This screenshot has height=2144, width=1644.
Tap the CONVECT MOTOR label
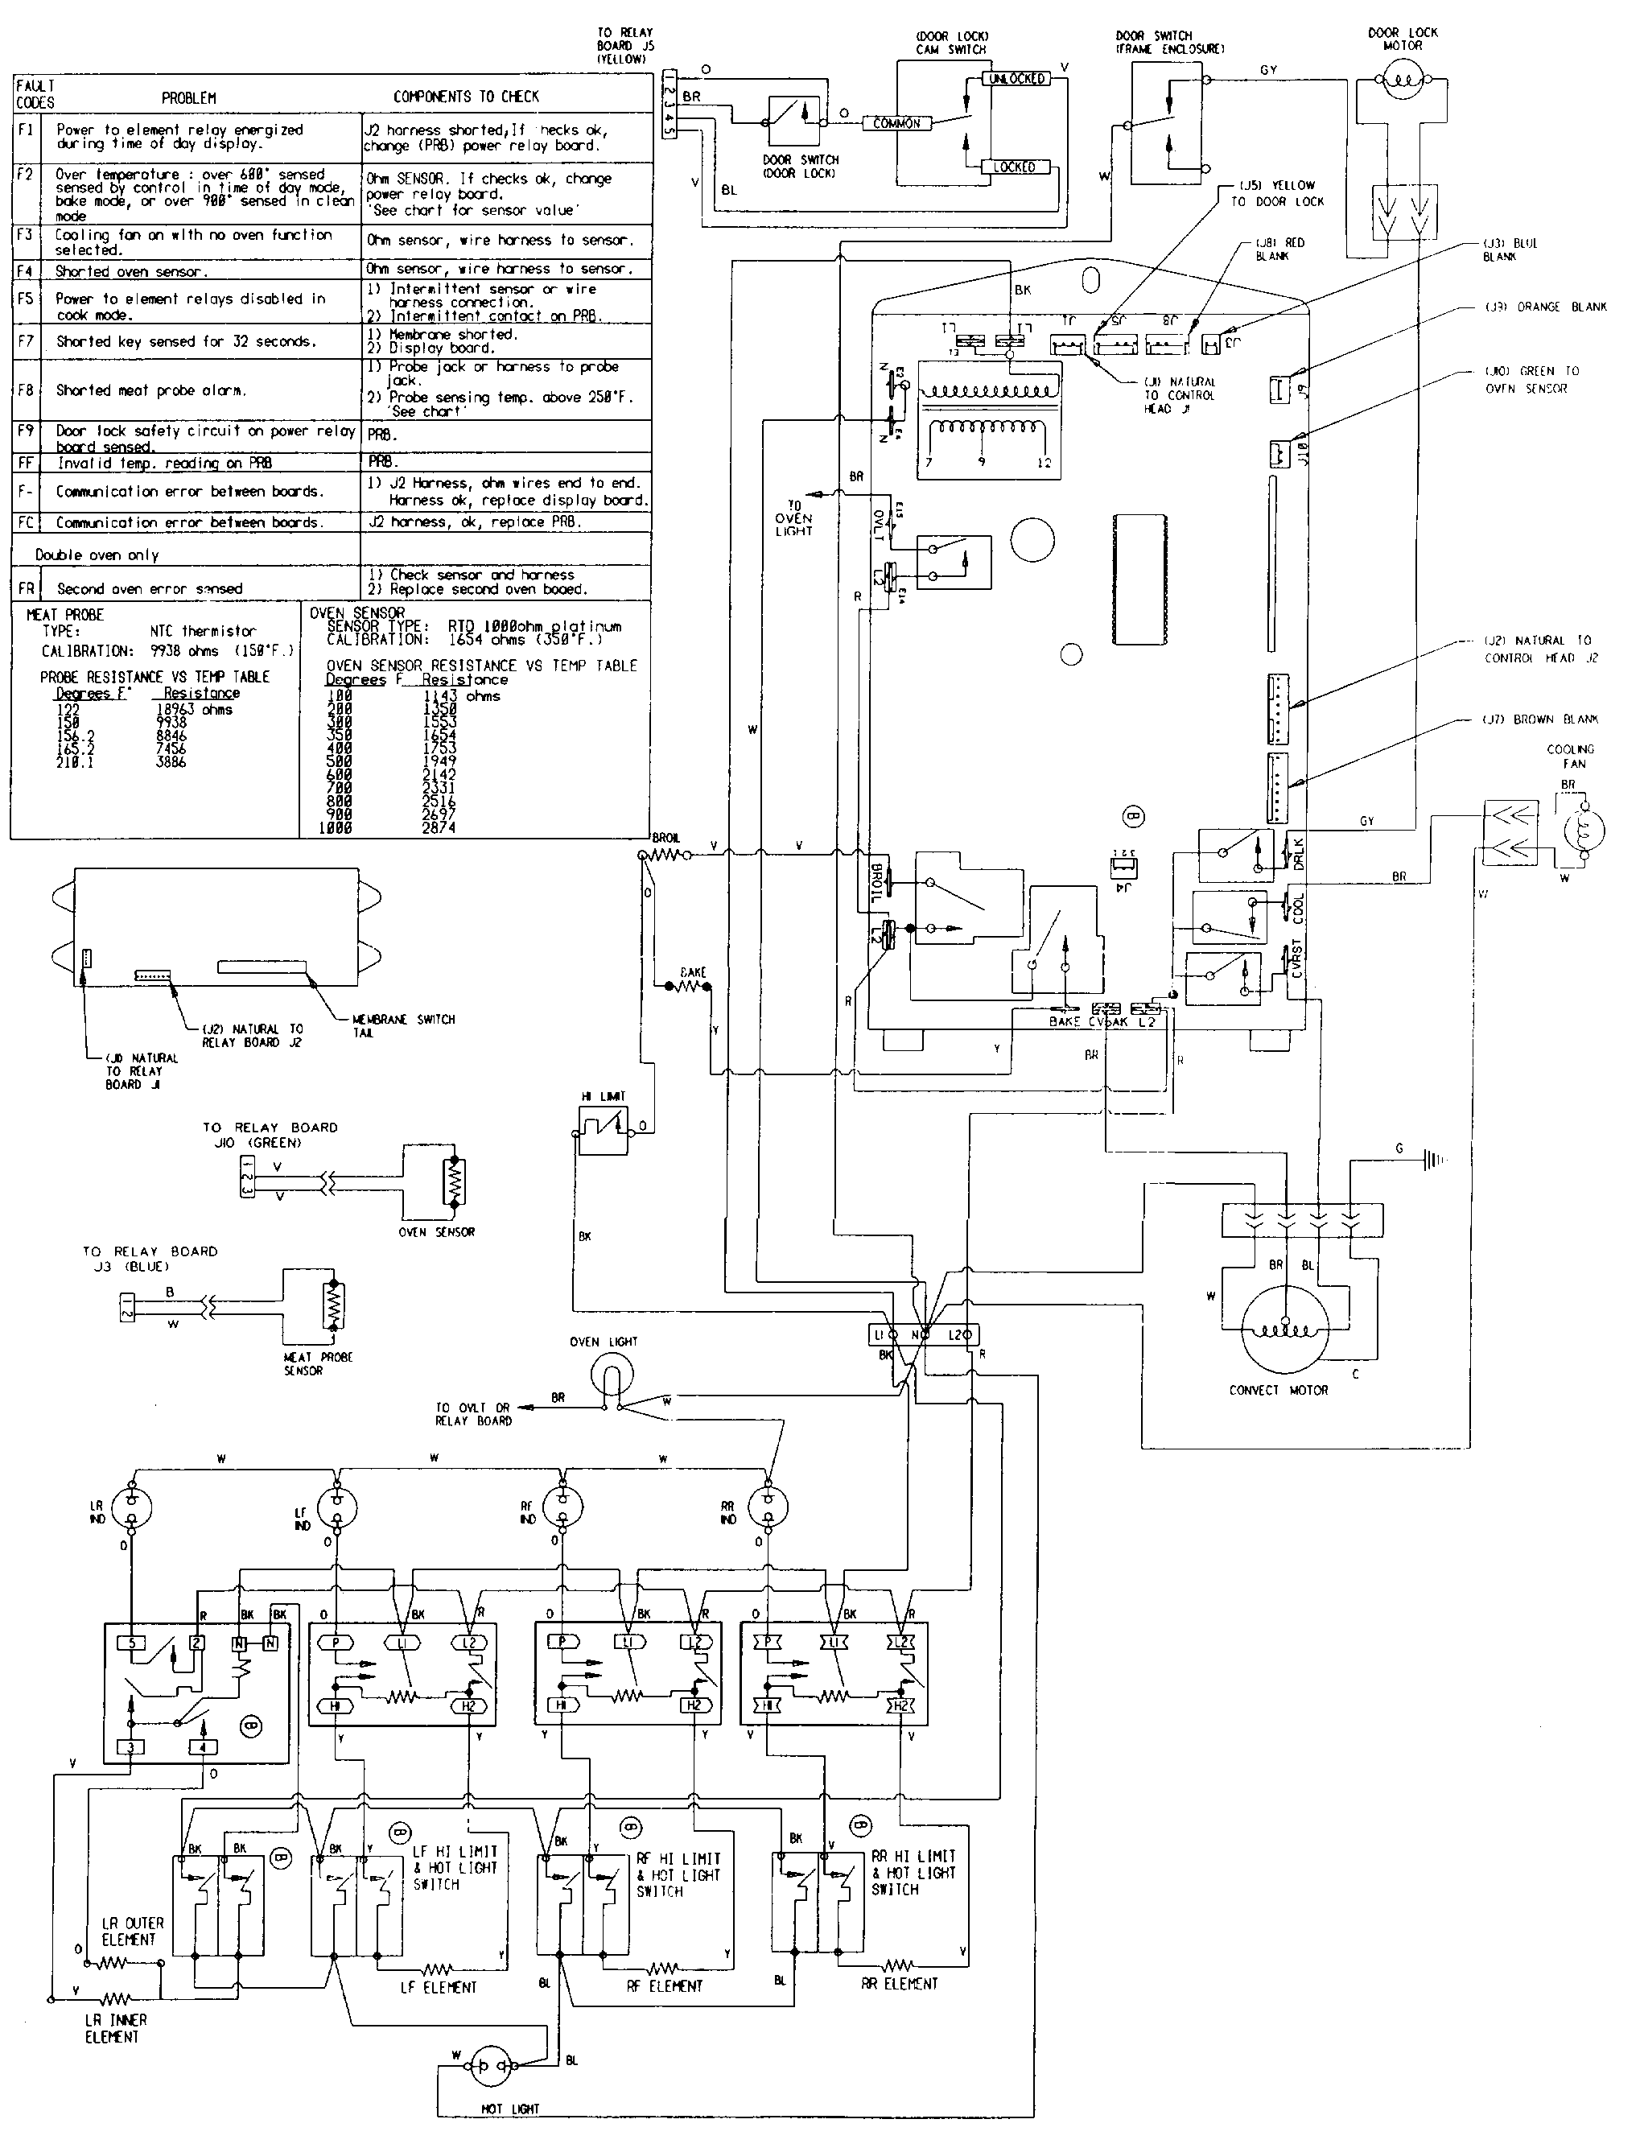(x=1278, y=1390)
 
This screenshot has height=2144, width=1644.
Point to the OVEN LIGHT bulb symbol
(x=613, y=1375)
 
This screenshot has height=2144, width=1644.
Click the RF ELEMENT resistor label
(x=665, y=1985)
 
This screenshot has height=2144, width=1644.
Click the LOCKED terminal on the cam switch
(x=1015, y=167)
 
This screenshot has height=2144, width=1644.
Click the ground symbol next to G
(x=1435, y=1160)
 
